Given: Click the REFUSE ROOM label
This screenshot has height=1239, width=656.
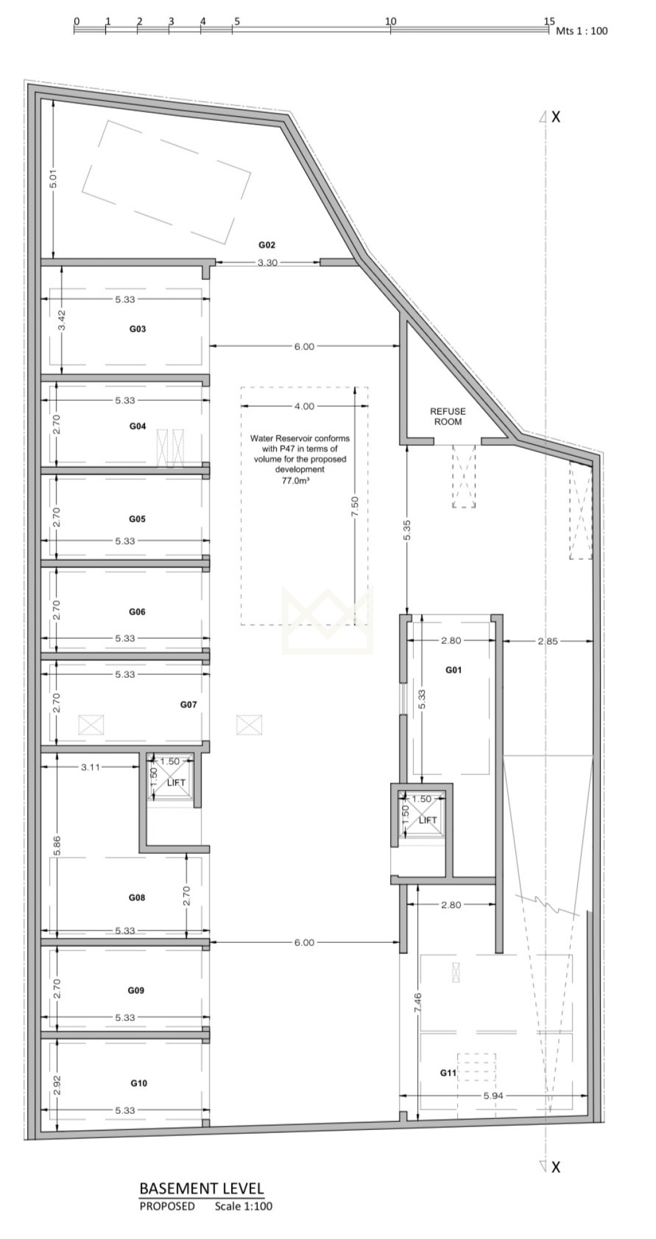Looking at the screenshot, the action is click(x=448, y=416).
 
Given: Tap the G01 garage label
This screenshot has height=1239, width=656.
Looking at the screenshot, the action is click(x=453, y=670).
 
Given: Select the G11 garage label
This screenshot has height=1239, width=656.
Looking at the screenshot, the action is click(x=448, y=1072).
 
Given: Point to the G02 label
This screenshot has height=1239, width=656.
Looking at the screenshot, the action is click(x=266, y=245).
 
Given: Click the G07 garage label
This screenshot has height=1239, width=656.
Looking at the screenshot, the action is click(x=188, y=704).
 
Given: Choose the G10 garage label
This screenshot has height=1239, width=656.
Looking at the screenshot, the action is click(x=139, y=1083).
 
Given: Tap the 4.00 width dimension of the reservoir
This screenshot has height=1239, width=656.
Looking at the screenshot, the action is click(x=304, y=406).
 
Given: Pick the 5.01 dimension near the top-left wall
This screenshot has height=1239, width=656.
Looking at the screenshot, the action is click(x=54, y=179).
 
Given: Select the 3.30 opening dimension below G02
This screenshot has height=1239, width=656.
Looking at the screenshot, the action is click(x=268, y=263).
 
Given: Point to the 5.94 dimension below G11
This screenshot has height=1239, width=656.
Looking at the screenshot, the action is click(x=493, y=1096).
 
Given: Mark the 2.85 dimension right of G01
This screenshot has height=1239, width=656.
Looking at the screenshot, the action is click(x=548, y=641).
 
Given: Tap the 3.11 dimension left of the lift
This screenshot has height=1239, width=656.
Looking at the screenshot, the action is click(x=90, y=767).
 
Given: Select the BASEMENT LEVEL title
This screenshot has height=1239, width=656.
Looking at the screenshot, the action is click(x=202, y=1188).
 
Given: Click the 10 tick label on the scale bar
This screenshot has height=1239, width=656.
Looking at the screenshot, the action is click(x=390, y=21).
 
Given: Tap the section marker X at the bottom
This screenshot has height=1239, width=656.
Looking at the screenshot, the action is click(x=556, y=1167).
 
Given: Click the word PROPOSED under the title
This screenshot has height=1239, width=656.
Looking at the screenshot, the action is click(x=167, y=1206).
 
